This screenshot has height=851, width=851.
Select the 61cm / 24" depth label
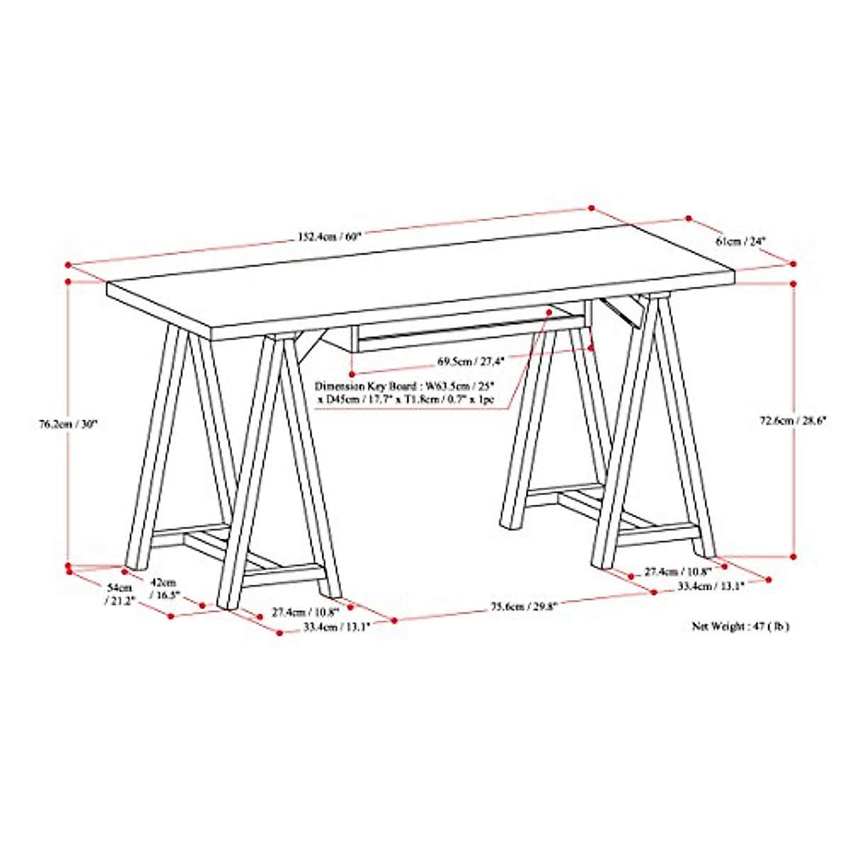742,241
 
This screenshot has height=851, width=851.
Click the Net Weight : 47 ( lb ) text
740,626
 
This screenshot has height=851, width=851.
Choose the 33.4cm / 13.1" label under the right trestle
710,586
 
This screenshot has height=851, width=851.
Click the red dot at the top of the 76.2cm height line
68,282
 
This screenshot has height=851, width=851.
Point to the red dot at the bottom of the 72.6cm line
794,557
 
